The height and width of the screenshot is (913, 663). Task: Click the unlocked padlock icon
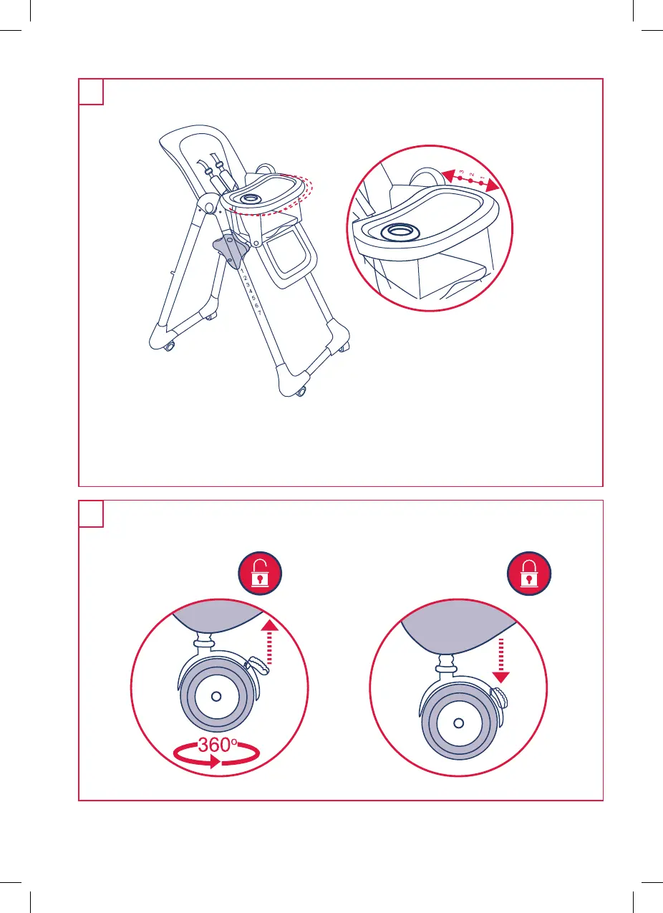coord(260,573)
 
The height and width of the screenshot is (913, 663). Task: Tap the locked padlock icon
coord(529,573)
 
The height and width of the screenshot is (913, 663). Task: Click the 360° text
coord(217,745)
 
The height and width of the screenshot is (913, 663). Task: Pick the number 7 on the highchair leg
coord(260,313)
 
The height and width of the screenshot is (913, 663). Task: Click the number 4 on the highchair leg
coord(250,291)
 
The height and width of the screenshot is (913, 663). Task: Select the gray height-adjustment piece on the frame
coord(231,250)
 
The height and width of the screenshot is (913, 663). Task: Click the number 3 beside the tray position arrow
coord(461,172)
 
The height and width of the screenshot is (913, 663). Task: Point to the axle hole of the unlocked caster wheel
coord(216,697)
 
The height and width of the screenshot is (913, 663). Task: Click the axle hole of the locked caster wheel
coord(458,723)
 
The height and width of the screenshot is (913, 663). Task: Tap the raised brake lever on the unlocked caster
coord(258,665)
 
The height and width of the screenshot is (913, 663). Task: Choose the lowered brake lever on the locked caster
coord(500,698)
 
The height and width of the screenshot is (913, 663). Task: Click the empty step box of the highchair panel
coord(91,92)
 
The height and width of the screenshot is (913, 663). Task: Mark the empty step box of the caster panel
coord(91,513)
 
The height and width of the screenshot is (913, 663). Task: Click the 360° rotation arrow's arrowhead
coord(215,761)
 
